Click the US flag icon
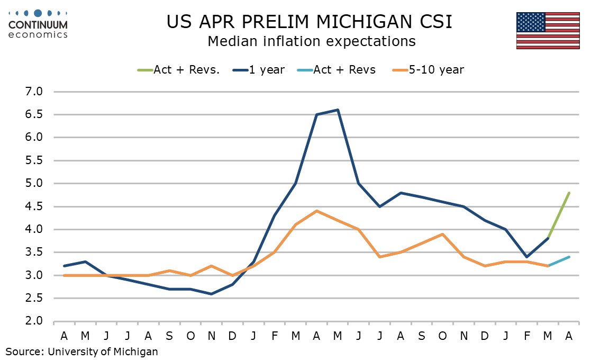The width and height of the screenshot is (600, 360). click(548, 30)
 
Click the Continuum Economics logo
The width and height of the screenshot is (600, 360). click(38, 24)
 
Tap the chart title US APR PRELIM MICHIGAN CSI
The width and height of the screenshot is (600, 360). click(310, 22)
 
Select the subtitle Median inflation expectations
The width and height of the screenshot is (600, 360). click(311, 41)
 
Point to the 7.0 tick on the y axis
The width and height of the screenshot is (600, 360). click(33, 92)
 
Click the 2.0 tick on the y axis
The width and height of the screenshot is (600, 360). click(33, 321)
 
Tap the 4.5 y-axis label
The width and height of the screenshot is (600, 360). click(33, 206)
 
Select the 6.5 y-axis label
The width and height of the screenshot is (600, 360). click(33, 115)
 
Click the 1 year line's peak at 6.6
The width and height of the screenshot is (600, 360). click(338, 110)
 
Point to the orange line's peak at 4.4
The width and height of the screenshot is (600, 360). click(316, 211)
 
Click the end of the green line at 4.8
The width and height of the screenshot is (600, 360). click(569, 193)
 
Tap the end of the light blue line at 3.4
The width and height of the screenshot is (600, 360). click(569, 257)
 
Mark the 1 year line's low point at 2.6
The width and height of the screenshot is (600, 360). click(212, 294)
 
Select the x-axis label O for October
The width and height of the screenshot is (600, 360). click(190, 336)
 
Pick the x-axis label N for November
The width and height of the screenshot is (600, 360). click(212, 336)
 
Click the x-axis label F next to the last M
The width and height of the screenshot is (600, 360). click(527, 336)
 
